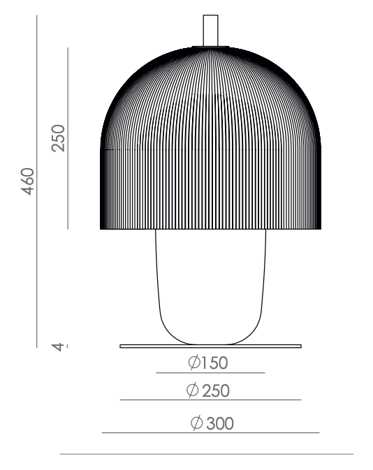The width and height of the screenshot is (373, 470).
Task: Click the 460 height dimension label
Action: click(28, 181)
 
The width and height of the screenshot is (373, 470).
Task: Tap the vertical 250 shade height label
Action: click(58, 138)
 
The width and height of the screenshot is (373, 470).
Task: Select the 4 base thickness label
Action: click(58, 347)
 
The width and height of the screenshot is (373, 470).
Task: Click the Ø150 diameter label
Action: click(208, 362)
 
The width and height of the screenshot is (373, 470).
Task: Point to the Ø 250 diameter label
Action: click(208, 391)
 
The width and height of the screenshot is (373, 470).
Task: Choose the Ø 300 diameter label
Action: click(212, 423)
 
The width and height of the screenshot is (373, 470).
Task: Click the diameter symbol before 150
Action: click(194, 362)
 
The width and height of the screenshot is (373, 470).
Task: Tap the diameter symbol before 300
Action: click(197, 423)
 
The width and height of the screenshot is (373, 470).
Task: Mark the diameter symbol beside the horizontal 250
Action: click(192, 391)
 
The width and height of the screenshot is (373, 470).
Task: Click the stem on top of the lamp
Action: click(210, 31)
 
